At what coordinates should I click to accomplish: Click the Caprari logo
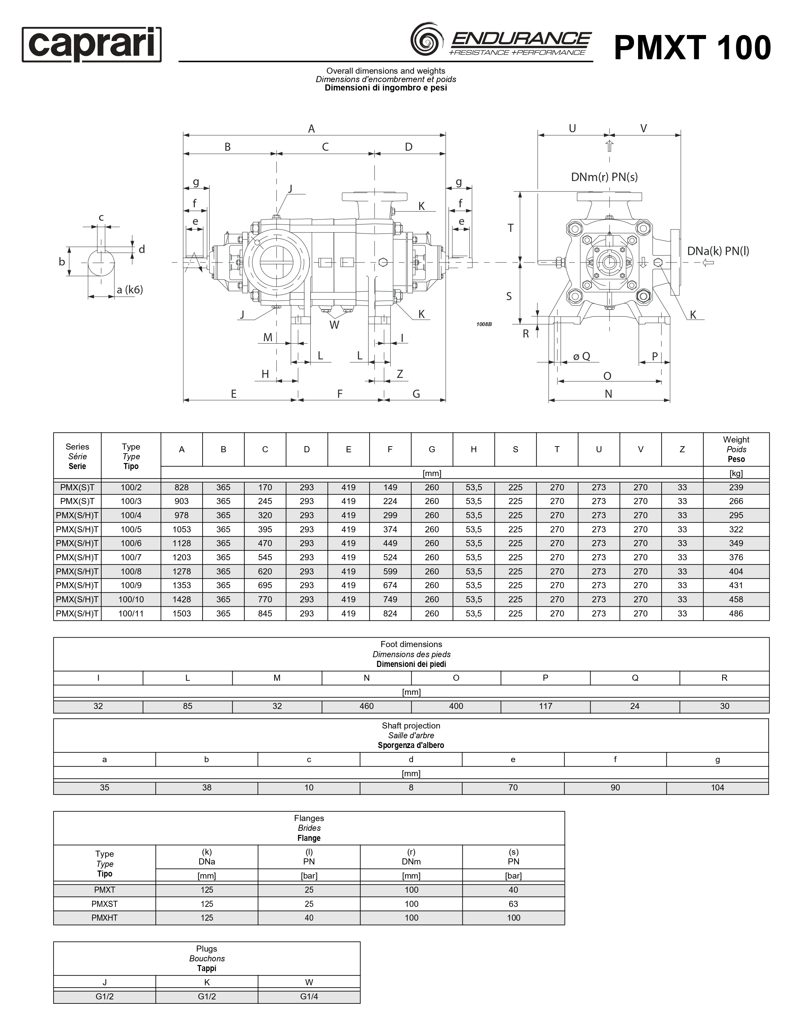(92, 44)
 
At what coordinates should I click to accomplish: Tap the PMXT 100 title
(693, 48)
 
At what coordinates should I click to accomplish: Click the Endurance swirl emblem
(427, 38)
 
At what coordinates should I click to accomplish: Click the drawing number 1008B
(484, 324)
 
